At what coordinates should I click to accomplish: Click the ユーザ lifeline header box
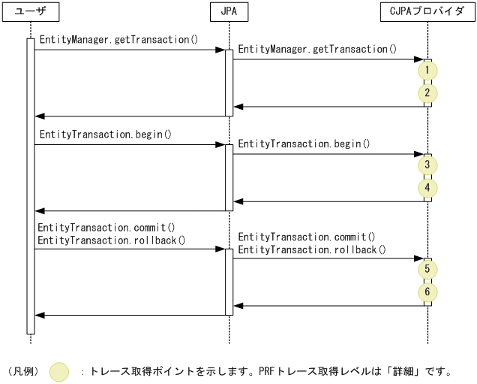click(x=31, y=12)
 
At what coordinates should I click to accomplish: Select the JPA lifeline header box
click(x=229, y=12)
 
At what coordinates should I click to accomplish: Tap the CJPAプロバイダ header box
click(x=427, y=12)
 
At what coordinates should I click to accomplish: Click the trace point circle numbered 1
click(x=427, y=70)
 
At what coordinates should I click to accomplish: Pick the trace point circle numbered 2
click(x=427, y=94)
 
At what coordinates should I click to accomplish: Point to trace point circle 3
click(x=427, y=165)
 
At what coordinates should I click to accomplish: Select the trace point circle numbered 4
click(x=427, y=188)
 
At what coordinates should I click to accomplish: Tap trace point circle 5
click(x=427, y=268)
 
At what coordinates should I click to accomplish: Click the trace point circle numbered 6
click(x=427, y=292)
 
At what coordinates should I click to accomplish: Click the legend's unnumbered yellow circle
click(x=59, y=371)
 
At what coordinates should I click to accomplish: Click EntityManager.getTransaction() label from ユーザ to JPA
click(x=118, y=39)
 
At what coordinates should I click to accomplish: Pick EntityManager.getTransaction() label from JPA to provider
click(x=317, y=49)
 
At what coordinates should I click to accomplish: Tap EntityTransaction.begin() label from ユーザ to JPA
click(x=105, y=135)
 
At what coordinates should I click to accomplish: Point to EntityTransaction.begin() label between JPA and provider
click(x=304, y=144)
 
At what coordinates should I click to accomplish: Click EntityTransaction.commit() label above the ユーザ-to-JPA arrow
click(x=106, y=227)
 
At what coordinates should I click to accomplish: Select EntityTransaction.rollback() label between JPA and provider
click(x=312, y=249)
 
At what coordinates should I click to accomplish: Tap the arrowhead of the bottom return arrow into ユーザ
click(x=39, y=315)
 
